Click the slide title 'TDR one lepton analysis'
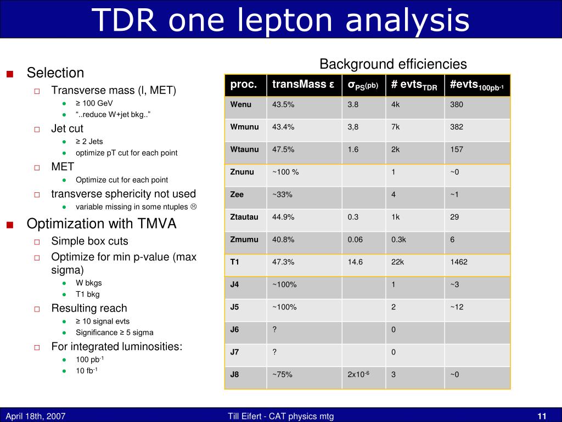click(280, 20)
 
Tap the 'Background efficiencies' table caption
click(393, 64)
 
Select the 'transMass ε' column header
click(303, 85)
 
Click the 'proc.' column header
click(243, 85)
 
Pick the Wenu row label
click(241, 104)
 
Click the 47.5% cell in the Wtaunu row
click(283, 149)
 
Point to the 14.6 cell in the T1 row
click(355, 262)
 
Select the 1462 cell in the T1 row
click(459, 262)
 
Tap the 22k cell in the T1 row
click(398, 262)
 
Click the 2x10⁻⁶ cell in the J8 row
click(358, 375)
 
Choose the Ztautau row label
click(244, 217)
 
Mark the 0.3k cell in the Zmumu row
click(399, 240)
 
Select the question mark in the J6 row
click(274, 330)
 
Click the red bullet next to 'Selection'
click(10, 74)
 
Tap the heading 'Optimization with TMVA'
click(102, 224)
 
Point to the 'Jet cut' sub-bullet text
click(67, 129)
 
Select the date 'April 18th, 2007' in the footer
click(35, 416)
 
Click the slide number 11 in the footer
click(542, 416)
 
